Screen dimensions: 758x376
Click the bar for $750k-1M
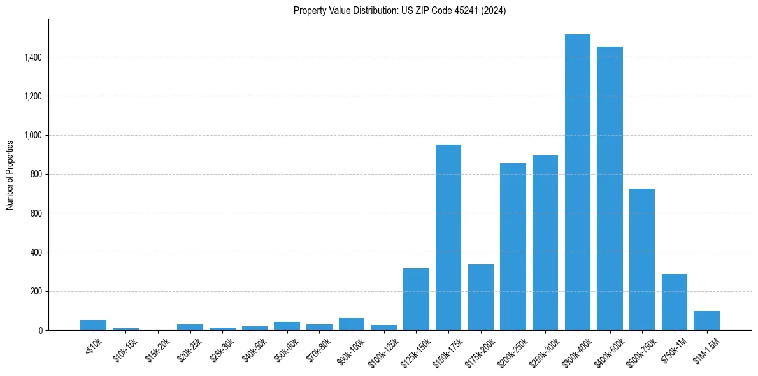click(675, 302)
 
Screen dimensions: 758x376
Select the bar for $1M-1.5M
click(706, 321)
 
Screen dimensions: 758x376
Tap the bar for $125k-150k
click(416, 300)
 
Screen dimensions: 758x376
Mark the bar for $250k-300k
click(545, 243)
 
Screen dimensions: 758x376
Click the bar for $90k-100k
click(352, 324)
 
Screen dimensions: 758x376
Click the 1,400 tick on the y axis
click(33, 57)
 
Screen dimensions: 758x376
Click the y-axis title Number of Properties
click(10, 175)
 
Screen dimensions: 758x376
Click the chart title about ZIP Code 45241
click(399, 11)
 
